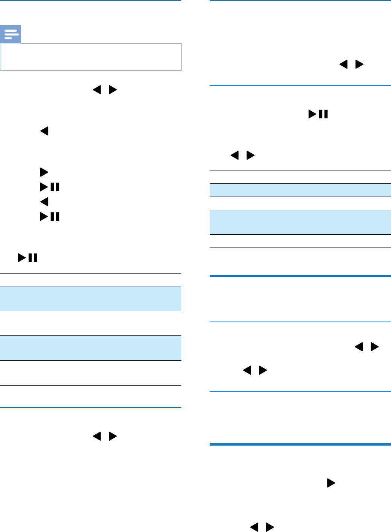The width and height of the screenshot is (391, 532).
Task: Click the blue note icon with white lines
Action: pos(11,35)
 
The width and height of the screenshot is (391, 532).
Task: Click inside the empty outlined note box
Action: pos(91,57)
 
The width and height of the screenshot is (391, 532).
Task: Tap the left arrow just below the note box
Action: pos(97,90)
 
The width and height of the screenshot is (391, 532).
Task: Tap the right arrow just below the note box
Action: pos(113,90)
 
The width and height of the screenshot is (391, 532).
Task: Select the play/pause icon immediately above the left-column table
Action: pos(27,258)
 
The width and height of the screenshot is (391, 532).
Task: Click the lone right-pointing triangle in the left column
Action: pos(44,172)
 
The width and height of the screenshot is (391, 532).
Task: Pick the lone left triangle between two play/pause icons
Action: pos(44,202)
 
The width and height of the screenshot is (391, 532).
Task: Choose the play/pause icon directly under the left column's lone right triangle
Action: pos(50,187)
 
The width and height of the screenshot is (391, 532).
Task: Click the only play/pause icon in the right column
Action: pos(318,114)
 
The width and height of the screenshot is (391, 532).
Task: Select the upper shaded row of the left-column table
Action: pos(91,298)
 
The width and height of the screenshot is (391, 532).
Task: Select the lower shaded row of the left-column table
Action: pos(91,348)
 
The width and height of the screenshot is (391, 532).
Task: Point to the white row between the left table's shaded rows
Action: pos(91,323)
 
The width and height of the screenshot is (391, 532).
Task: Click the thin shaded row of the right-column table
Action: pos(300,190)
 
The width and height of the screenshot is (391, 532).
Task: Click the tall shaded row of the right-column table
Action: pos(300,222)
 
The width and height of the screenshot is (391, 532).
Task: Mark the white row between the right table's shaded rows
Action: pos(300,203)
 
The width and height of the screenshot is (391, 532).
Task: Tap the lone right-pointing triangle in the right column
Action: pos(331,483)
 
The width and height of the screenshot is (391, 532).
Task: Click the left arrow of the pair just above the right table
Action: pos(234,155)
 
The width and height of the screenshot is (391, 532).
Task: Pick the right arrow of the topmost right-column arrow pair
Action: pos(360,65)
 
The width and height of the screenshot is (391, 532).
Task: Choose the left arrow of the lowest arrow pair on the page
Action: pos(254,527)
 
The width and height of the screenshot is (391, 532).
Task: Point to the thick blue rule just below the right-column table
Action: pos(300,276)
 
